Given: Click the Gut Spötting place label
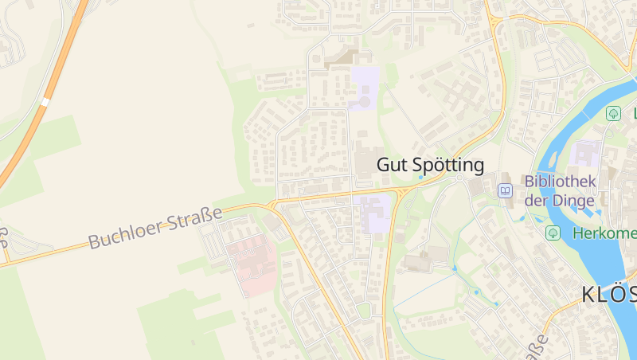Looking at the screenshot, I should [x=430, y=165].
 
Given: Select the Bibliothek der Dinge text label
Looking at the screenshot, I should [x=560, y=190].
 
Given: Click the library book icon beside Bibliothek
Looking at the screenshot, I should [x=505, y=191].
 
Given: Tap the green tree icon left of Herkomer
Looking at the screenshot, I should [x=553, y=233].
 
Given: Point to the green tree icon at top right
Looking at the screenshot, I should [x=613, y=113].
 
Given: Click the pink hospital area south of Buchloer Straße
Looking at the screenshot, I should [x=252, y=264].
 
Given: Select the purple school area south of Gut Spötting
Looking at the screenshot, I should [x=377, y=213].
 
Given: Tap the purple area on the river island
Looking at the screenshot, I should [x=588, y=155].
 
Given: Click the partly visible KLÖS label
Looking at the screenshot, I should [x=608, y=295].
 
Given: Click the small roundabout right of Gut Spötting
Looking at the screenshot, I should [x=459, y=178].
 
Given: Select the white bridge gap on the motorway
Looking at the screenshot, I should [x=45, y=102].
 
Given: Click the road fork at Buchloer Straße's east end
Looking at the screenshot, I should [x=273, y=205].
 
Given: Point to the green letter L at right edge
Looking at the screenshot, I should [x=635, y=114].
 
